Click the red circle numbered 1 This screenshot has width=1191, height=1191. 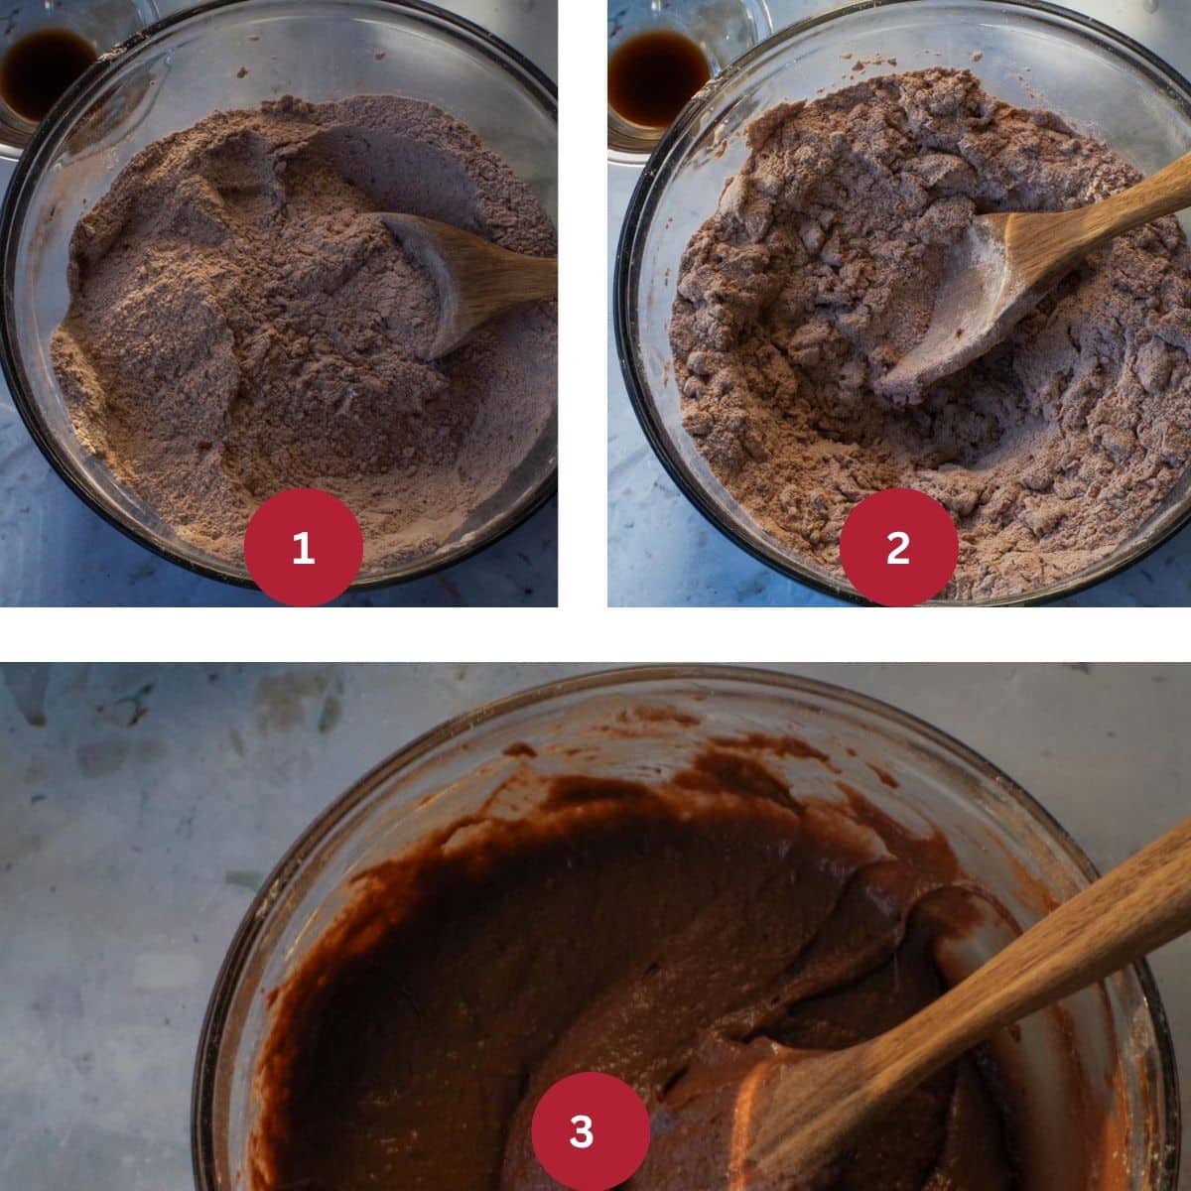(x=303, y=547)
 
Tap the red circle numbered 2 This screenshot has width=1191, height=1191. (x=898, y=547)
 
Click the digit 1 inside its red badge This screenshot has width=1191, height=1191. (x=303, y=547)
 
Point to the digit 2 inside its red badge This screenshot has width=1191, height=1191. (x=898, y=547)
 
